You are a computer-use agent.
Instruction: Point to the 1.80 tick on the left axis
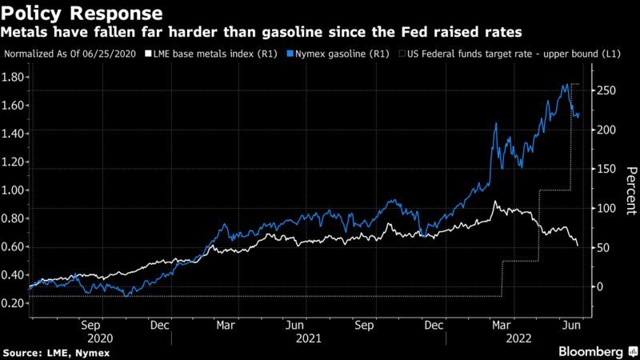tap(14, 78)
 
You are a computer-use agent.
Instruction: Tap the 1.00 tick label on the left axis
tap(14, 190)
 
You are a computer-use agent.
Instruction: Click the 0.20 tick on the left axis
tap(14, 303)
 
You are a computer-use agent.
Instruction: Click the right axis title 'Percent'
tap(630, 188)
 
